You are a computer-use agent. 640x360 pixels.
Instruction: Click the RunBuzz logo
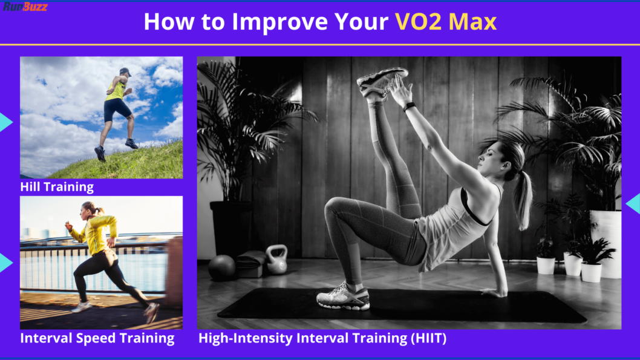25,7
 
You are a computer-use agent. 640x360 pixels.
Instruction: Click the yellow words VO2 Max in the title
446,22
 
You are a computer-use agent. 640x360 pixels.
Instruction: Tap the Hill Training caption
57,187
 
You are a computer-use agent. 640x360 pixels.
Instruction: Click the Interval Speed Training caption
97,338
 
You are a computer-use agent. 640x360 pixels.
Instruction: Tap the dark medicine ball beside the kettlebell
221,267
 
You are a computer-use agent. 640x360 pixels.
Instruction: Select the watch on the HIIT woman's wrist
410,107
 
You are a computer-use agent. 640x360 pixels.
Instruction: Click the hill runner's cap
125,71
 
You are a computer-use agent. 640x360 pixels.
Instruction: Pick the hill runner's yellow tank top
116,90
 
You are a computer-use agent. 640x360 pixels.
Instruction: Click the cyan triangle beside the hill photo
5,122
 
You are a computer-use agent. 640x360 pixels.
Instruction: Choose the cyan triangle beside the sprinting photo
5,263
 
